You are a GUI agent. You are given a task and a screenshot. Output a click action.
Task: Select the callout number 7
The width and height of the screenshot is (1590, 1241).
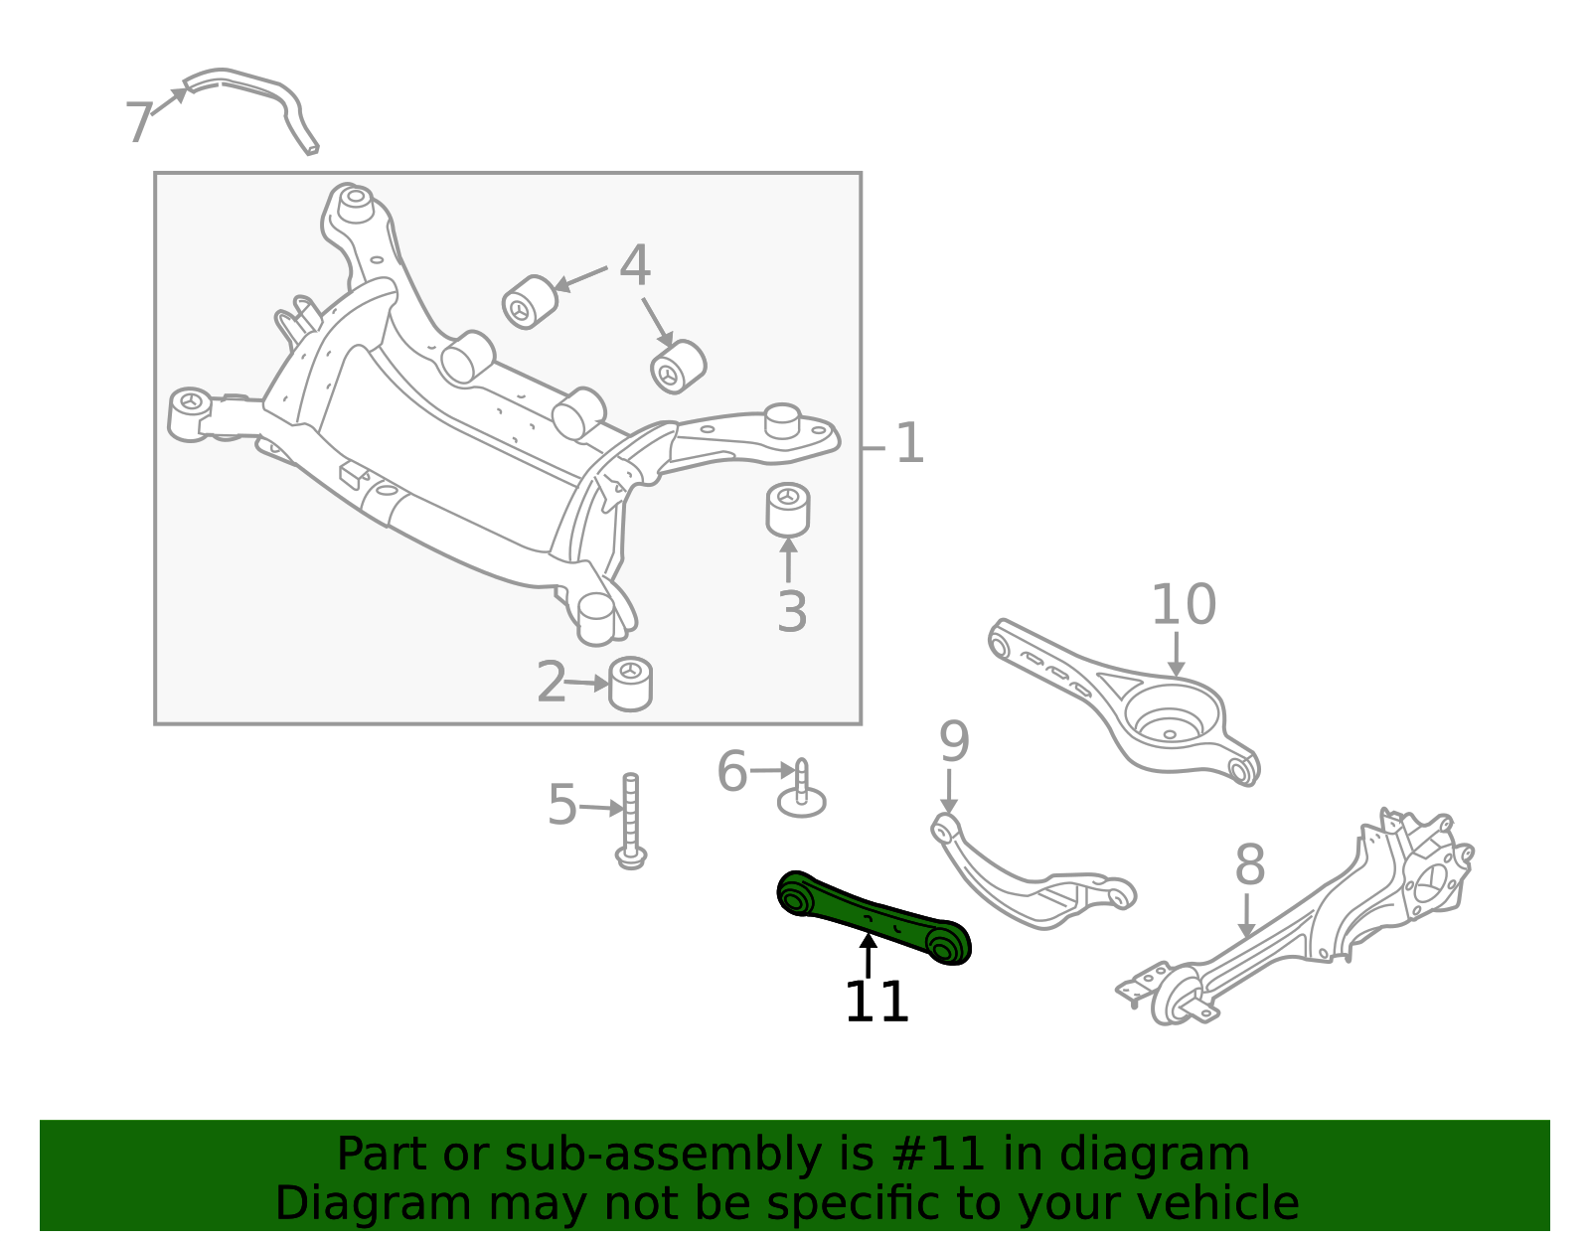(x=138, y=123)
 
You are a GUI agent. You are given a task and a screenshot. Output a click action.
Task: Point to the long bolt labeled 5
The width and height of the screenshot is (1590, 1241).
(x=631, y=820)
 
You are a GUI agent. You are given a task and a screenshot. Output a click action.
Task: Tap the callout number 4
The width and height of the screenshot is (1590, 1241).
(x=635, y=265)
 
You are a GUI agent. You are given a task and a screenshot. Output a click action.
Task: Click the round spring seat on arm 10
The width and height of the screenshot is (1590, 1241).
(x=1171, y=722)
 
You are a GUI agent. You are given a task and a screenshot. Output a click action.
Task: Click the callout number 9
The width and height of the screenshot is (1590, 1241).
(x=954, y=741)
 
